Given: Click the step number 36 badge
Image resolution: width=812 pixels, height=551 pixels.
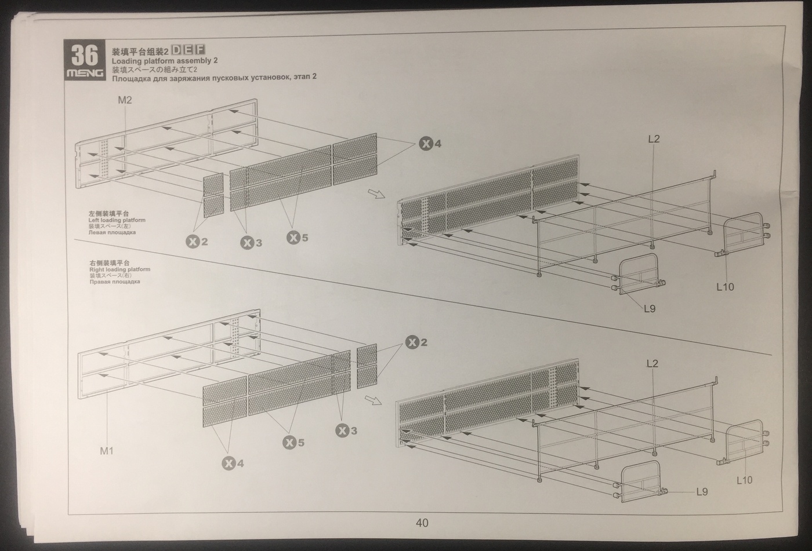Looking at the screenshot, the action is [85, 56].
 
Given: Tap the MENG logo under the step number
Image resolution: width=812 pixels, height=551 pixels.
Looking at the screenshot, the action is [85, 74].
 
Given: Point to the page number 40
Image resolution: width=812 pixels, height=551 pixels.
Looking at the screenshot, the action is [422, 523].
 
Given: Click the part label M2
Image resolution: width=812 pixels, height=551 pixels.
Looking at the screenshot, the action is [125, 100].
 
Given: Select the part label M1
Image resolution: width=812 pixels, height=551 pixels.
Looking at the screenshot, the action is [107, 450].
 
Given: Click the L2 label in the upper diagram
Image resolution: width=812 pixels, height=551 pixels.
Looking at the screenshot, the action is [653, 139].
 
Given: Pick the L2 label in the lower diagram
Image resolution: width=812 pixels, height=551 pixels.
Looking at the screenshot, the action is [652, 363].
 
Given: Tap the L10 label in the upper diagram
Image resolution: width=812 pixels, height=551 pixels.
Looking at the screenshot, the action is [725, 286].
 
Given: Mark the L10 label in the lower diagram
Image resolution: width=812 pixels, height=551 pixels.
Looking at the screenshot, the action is [744, 480].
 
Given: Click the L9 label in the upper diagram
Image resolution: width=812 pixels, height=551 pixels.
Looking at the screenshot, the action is [650, 309].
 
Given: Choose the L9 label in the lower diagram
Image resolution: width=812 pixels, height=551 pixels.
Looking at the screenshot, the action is [702, 492].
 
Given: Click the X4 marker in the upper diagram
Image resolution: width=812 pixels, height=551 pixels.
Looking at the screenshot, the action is [430, 144].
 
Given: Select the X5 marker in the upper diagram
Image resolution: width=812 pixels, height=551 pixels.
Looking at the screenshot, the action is [298, 238].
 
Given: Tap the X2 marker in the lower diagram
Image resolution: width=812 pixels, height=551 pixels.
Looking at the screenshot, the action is [416, 342].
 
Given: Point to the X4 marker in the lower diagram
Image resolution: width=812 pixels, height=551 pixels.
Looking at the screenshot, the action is [234, 463].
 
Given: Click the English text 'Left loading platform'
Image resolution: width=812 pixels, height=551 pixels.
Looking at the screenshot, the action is [117, 220].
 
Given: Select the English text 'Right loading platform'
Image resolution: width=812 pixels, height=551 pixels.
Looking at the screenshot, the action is [120, 269].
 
